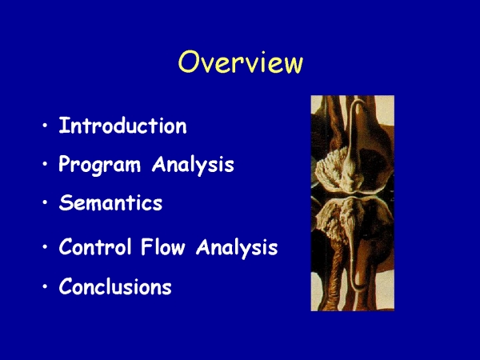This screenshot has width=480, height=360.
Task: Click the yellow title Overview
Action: point(241,62)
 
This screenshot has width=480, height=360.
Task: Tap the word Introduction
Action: point(122,126)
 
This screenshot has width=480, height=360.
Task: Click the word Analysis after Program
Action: point(193,165)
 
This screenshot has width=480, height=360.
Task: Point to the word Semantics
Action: point(110,202)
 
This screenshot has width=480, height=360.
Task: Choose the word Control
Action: point(95,246)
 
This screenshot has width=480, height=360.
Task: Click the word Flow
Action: point(163,246)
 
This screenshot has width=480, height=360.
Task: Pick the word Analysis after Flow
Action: point(237,248)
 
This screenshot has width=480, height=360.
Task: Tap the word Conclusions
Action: point(115,286)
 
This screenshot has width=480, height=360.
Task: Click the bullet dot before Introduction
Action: point(46,126)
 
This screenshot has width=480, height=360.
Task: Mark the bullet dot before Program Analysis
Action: point(46,164)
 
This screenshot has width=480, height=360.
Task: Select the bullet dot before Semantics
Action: point(46,202)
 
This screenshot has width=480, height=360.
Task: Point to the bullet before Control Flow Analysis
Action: point(46,246)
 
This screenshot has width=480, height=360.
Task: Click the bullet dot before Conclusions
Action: point(46,286)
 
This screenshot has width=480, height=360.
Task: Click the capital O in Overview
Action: point(189,62)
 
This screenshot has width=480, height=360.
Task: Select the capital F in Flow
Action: point(146,246)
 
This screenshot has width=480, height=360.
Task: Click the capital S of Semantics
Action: point(66,202)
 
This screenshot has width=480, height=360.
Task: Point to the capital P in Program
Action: point(66,164)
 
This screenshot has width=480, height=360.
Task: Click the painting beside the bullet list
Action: point(353,203)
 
